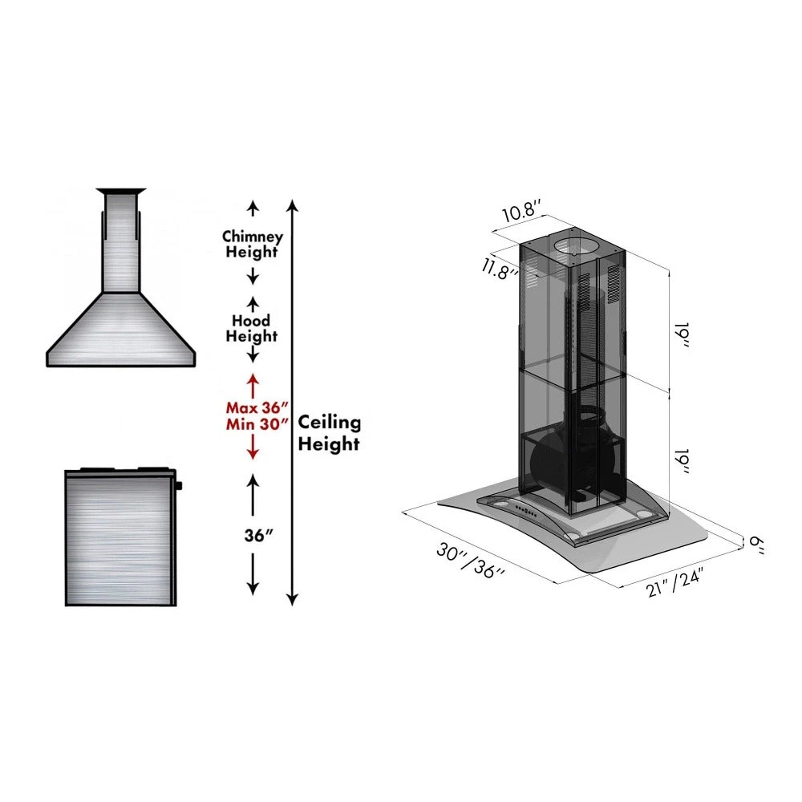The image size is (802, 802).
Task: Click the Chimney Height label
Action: point(252,245)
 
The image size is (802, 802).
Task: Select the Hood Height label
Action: point(251,329)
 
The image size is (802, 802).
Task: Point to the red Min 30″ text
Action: point(256,425)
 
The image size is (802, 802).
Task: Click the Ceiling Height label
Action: point(330,433)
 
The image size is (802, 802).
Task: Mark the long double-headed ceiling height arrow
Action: point(293,401)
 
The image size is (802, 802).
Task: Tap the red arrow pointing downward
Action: point(253,448)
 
